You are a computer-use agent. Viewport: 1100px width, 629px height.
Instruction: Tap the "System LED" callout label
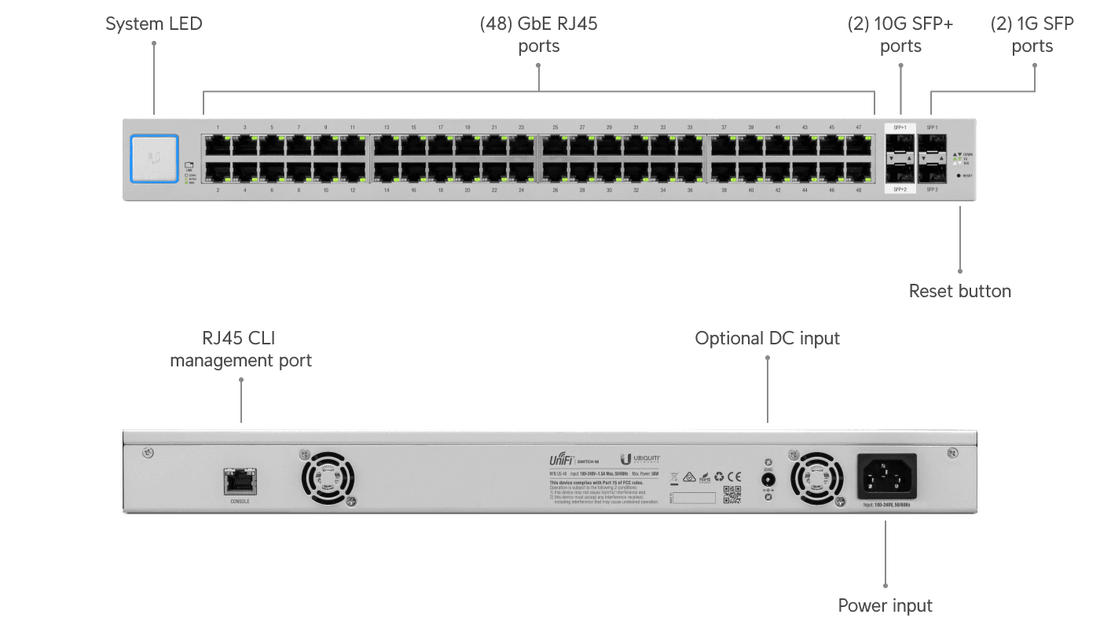coord(154,24)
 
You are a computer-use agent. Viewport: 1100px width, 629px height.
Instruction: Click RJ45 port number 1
coord(218,145)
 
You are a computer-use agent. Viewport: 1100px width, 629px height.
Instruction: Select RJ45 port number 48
coord(859,171)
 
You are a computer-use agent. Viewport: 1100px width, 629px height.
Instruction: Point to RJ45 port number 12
coord(352,171)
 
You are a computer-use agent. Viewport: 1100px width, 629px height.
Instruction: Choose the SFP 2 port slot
coord(933,171)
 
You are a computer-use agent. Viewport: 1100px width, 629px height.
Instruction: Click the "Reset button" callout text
coord(960,292)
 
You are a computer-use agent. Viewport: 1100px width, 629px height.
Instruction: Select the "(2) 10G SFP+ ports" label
coord(900,35)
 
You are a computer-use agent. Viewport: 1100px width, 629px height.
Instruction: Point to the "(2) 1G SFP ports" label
coord(1032,35)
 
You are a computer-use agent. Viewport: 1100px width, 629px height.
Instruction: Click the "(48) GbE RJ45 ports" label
coord(539,35)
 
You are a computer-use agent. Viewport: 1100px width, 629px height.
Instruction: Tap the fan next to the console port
coord(327,478)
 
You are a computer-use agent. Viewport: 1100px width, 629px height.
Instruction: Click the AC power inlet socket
coord(886,476)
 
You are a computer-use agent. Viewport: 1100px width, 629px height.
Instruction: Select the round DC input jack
coord(768,480)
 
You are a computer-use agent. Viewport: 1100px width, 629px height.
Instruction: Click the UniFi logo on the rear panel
coord(562,459)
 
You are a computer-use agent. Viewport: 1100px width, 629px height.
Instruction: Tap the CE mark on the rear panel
coord(734,476)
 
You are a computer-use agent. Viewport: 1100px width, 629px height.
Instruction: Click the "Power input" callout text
coord(885,606)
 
